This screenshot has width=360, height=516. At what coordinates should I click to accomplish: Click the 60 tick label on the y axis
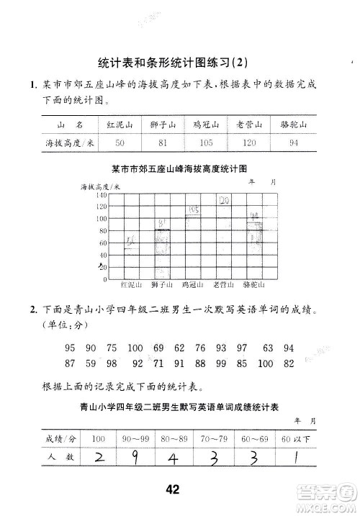click(102, 243)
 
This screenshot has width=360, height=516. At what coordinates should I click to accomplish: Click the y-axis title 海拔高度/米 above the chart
click(99, 186)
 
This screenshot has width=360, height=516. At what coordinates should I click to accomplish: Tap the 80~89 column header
click(175, 438)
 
